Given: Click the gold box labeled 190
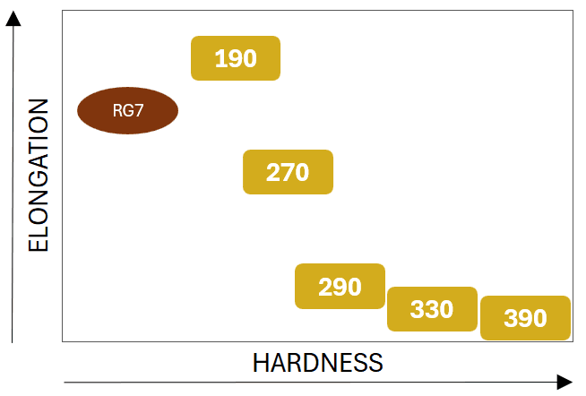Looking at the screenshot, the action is pos(236,58).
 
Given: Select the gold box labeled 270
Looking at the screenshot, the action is pos(288,172).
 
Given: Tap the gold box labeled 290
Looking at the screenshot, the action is pos(340,287).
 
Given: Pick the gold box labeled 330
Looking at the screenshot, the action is pos(432,310).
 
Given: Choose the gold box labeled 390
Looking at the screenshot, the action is pos(525,318).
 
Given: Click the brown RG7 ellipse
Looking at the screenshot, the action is pos(128,111).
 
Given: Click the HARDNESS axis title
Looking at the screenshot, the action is pos(317,363).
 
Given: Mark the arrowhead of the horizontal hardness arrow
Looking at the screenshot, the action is pos(564,382).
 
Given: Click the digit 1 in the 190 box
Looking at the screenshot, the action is pos(220,58).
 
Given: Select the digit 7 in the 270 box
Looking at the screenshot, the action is pos(288,172).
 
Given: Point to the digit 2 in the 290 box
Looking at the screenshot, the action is pos(325,287).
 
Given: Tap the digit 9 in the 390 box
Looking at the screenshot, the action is pos(525,318).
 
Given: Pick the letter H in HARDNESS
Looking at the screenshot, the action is pos(261,363).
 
